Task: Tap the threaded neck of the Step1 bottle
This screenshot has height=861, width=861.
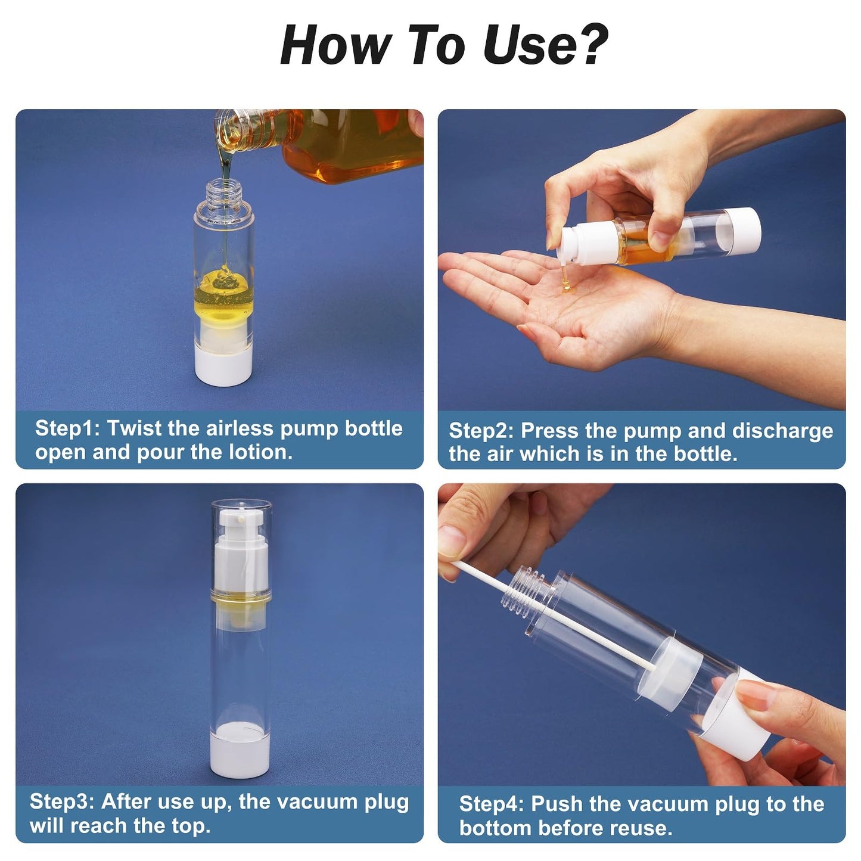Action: click(x=225, y=190)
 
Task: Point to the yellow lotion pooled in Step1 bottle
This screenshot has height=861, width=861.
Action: click(x=224, y=293)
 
